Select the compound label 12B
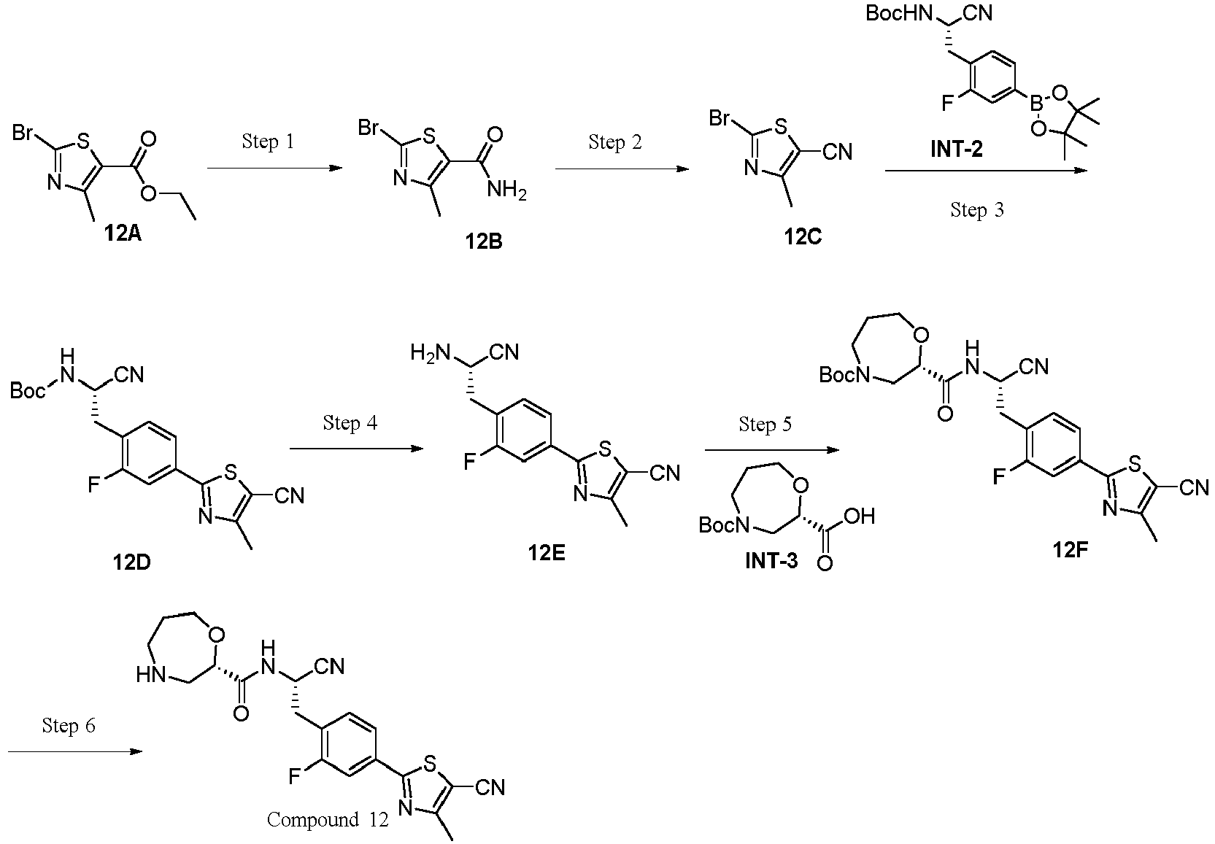point(483,241)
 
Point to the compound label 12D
point(132,563)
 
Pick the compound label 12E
point(547,553)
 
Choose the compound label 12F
point(1070,550)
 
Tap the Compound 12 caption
point(328,820)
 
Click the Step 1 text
point(268,142)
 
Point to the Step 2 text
point(615,142)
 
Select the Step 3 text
point(977,210)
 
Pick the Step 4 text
point(350,423)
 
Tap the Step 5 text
point(765,424)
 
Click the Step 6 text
point(69,726)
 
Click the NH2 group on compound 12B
point(507,191)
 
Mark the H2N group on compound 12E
point(427,354)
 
